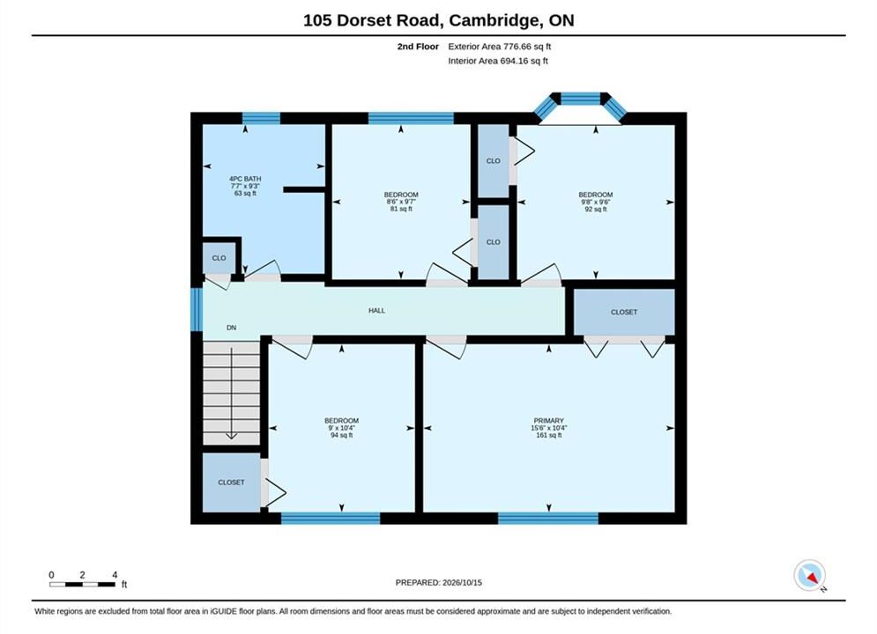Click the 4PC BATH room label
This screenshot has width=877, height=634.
(245, 179)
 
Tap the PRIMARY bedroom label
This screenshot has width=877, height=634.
(549, 421)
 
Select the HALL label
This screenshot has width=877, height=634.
(376, 311)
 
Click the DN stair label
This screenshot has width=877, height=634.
(231, 328)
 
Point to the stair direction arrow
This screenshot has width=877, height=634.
(231, 394)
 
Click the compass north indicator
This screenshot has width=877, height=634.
(809, 575)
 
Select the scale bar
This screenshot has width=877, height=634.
(83, 585)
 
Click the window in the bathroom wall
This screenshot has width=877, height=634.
(261, 118)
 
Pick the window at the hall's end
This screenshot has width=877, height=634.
(197, 309)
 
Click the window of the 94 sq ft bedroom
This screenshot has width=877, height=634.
(331, 519)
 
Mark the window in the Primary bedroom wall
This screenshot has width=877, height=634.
(548, 519)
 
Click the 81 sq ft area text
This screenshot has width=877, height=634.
(401, 209)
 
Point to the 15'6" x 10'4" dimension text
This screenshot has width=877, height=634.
(549, 428)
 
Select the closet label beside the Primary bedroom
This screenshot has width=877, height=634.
(624, 313)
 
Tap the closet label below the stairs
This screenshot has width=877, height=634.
(231, 483)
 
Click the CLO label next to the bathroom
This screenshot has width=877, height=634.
(219, 258)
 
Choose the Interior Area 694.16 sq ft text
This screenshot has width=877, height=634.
(498, 61)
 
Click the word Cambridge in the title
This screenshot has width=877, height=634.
(493, 20)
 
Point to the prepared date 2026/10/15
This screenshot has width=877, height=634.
(462, 583)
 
